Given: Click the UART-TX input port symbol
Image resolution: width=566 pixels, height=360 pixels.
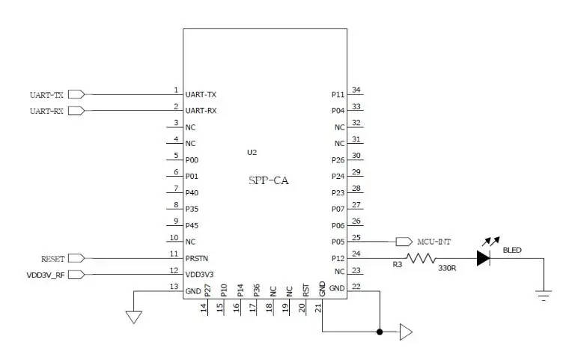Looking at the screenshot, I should (76, 94).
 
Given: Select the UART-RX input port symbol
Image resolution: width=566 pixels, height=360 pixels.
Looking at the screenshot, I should (76, 111).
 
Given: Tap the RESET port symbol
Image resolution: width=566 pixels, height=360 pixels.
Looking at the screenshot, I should (76, 258).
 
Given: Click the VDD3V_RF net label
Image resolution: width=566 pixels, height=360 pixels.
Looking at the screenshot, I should (46, 275).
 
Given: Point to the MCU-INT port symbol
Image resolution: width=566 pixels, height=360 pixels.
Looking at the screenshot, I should (404, 242).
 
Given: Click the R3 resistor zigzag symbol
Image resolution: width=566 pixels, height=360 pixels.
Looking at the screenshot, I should (421, 258).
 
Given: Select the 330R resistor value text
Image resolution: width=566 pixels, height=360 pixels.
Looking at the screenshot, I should (448, 267).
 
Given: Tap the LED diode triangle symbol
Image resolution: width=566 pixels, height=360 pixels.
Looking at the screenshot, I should (483, 258).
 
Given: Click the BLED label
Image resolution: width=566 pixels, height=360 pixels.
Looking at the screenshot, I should (513, 250).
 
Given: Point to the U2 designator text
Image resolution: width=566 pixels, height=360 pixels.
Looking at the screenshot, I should (252, 152).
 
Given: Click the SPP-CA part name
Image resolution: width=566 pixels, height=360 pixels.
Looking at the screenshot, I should (268, 180).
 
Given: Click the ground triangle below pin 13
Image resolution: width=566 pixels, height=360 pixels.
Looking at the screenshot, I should (133, 317).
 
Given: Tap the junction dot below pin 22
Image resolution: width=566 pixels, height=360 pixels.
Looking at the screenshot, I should (380, 332).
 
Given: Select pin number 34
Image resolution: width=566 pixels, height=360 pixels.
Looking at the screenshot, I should (357, 91).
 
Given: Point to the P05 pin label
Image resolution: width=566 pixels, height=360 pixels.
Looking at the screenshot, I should (338, 242).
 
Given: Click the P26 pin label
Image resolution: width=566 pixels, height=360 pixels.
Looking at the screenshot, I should (338, 159).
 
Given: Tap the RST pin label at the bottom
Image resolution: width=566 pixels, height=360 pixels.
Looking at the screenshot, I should (305, 290).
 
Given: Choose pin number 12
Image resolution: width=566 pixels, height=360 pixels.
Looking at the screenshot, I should (174, 271).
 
